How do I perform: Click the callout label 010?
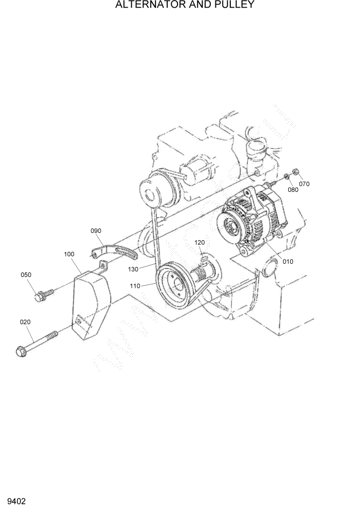[288, 261]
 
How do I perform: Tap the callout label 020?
[25, 322]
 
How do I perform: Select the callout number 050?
[26, 275]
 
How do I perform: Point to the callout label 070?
[305, 184]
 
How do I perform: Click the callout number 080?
[292, 189]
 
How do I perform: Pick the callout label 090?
[96, 231]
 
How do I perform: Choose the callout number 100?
[69, 254]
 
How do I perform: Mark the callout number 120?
[199, 242]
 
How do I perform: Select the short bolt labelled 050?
[44, 294]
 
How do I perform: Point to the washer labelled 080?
[286, 177]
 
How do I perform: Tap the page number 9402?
[17, 500]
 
